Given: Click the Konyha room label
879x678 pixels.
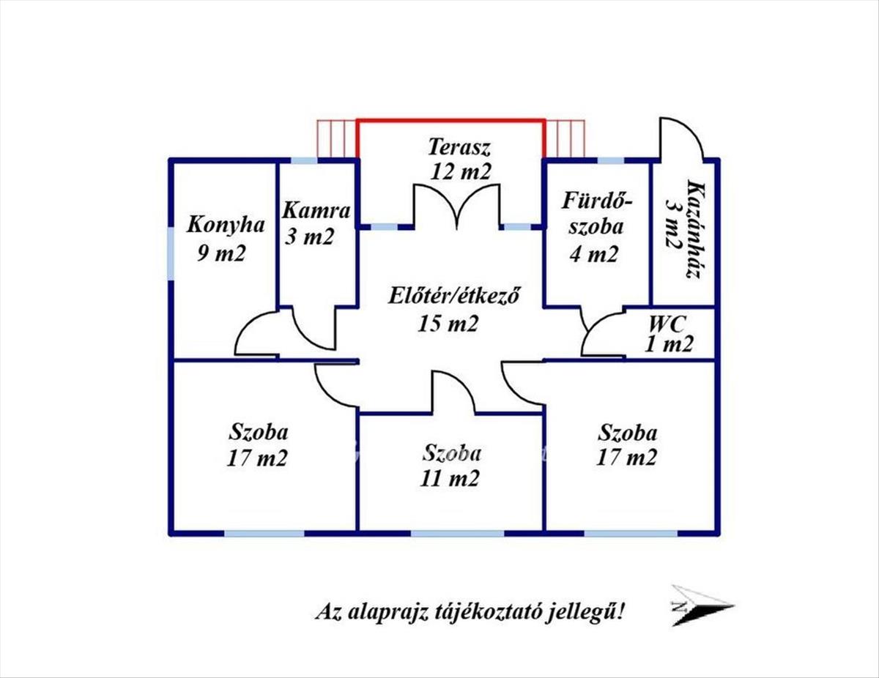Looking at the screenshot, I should pos(225,224).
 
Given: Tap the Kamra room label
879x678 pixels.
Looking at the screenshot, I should pos(316,212).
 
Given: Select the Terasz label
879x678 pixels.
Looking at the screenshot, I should pos(459,146).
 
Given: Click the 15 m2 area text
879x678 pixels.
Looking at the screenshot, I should pos(448,322).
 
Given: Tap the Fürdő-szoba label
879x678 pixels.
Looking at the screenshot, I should pos(597,212).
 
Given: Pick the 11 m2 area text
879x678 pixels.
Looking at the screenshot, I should pos(450,478).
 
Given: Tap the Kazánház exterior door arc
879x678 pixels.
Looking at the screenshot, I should pos(681,139).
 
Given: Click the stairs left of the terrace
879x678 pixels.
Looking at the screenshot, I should pos(336,139).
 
